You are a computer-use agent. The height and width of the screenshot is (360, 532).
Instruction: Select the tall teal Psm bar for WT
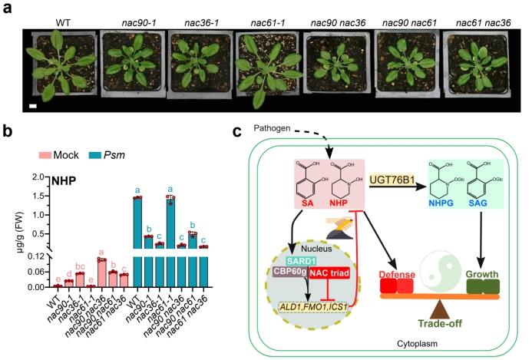(x=137, y=242)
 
